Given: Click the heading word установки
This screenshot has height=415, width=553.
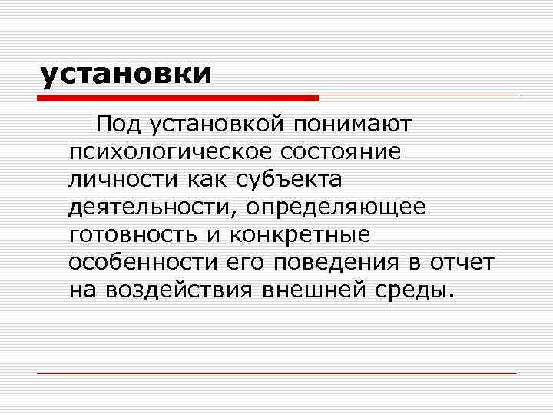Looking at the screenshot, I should [x=126, y=74].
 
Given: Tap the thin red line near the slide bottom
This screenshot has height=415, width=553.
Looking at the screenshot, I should [x=276, y=373].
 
